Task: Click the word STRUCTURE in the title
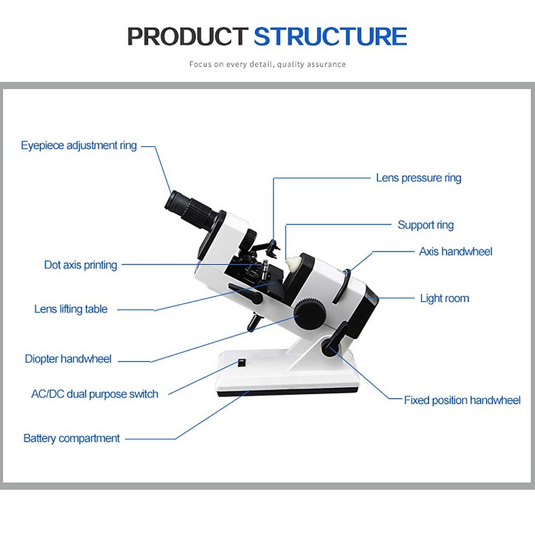click(330, 37)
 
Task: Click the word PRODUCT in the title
click(187, 37)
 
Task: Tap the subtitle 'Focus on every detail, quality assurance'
click(267, 64)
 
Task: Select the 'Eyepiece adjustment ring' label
click(79, 146)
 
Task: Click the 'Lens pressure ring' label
click(418, 178)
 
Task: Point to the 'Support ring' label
click(425, 225)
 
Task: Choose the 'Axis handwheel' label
click(455, 251)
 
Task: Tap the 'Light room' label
click(444, 298)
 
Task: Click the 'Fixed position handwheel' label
click(462, 400)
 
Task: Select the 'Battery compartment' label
click(71, 439)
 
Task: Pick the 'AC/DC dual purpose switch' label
click(95, 394)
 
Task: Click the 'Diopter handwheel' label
click(68, 359)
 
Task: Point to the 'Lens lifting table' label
click(71, 309)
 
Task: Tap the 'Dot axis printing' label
click(81, 265)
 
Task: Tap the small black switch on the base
click(241, 362)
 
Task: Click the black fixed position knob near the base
click(329, 347)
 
